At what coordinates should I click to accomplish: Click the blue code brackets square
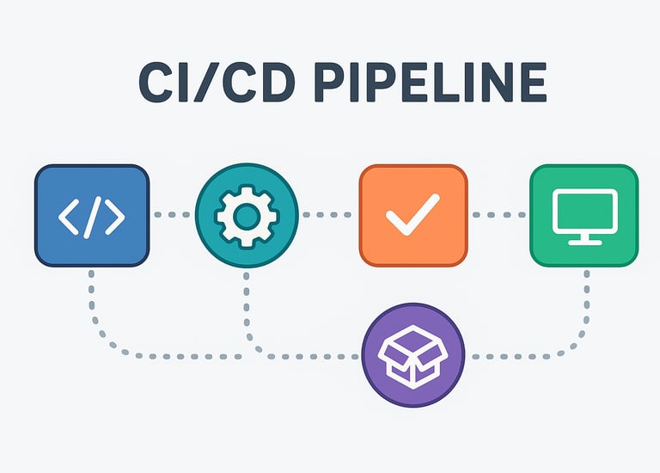(x=91, y=215)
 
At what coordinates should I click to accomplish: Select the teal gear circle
(x=247, y=215)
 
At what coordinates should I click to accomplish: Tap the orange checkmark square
(x=412, y=215)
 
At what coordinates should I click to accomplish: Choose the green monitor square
(x=584, y=215)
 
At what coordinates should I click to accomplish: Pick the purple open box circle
(x=413, y=355)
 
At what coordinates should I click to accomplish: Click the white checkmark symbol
(x=412, y=215)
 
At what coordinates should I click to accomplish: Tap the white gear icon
(x=247, y=215)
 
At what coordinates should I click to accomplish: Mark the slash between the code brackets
(x=92, y=215)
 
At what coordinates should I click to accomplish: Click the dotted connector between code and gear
(x=172, y=214)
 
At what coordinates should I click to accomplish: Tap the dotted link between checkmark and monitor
(x=498, y=214)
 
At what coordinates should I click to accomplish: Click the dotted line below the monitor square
(x=587, y=301)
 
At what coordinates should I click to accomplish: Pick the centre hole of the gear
(x=247, y=215)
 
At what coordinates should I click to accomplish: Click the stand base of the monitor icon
(x=584, y=242)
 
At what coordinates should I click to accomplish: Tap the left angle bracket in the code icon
(x=69, y=215)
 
